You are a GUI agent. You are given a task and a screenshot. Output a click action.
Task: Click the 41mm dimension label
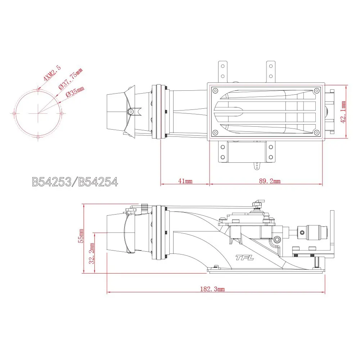[185, 181]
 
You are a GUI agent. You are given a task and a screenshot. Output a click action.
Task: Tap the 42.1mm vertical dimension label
[343, 112]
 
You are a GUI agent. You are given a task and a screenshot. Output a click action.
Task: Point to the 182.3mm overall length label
[212, 289]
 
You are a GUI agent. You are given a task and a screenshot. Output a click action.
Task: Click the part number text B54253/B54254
[75, 182]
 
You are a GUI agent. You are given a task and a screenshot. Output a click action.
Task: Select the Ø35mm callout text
[75, 93]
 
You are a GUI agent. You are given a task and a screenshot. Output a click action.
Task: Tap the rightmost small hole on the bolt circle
[62, 113]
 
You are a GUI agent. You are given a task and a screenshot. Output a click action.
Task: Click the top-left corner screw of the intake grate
[215, 90]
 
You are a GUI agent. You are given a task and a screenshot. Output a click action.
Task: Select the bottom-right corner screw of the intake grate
[316, 133]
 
